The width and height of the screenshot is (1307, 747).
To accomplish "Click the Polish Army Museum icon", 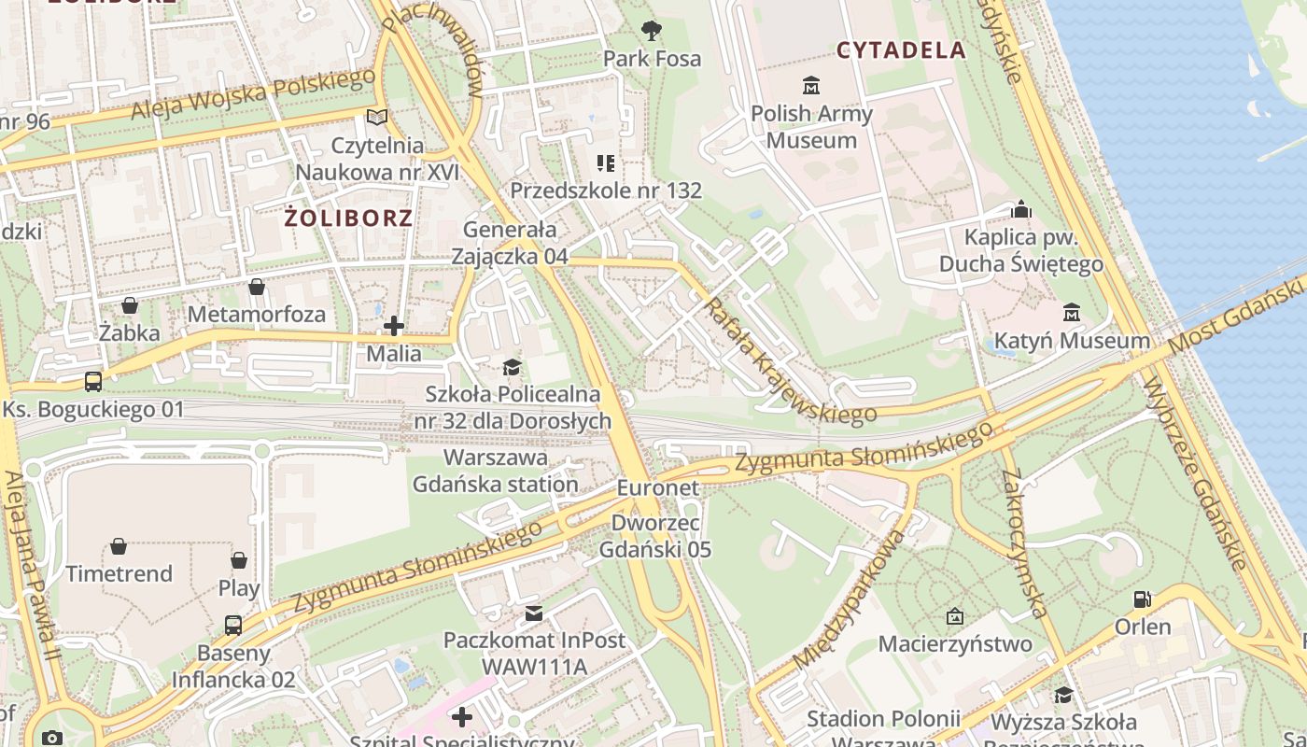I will pyautogui.click(x=811, y=86).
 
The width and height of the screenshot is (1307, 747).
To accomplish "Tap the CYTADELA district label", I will pyautogui.click(x=901, y=50).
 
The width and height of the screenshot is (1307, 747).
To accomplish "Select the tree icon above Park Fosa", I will pyautogui.click(x=652, y=31).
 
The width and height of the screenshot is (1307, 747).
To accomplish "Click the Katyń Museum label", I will pyautogui.click(x=1072, y=341).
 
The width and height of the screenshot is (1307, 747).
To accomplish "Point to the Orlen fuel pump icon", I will pyautogui.click(x=1142, y=599).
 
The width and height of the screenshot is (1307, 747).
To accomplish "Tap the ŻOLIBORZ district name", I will pyautogui.click(x=348, y=218).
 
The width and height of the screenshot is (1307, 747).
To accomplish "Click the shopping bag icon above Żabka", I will pyautogui.click(x=130, y=305).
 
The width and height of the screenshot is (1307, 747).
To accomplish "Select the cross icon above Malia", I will pyautogui.click(x=394, y=326).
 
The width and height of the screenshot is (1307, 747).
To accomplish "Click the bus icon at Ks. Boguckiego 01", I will pyautogui.click(x=93, y=381).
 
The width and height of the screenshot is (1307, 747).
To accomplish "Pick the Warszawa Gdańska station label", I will pyautogui.click(x=496, y=472).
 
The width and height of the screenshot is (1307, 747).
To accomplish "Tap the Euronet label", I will pyautogui.click(x=644, y=488).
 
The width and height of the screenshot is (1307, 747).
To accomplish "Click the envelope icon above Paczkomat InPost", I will pyautogui.click(x=534, y=613).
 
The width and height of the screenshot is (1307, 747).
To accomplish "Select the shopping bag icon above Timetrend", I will pyautogui.click(x=119, y=546).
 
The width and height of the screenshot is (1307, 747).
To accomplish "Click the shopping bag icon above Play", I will pyautogui.click(x=239, y=560).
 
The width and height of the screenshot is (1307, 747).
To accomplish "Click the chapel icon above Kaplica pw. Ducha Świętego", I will pyautogui.click(x=1021, y=209).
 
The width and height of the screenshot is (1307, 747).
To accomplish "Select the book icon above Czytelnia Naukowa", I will pyautogui.click(x=377, y=118).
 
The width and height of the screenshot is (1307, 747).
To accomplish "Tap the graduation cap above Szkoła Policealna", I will pyautogui.click(x=512, y=367).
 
